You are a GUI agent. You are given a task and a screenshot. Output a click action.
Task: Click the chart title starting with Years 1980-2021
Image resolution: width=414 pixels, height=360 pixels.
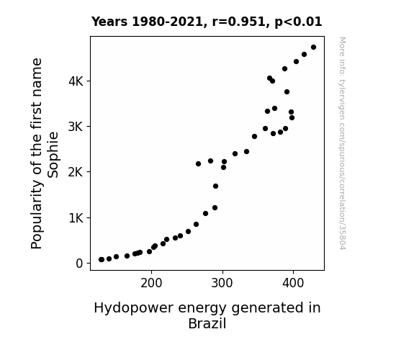click(207, 22)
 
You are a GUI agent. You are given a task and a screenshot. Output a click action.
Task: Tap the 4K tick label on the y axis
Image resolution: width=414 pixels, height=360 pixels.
click(76, 81)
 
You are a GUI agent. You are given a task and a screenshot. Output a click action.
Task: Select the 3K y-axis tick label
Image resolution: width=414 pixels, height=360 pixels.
click(76, 127)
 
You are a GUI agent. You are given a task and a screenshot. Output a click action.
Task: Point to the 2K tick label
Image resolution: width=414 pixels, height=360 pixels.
click(76, 172)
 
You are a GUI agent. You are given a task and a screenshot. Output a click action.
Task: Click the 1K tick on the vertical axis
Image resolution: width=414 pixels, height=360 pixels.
click(76, 218)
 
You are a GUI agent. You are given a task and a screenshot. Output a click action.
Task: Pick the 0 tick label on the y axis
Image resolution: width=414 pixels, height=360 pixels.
click(79, 264)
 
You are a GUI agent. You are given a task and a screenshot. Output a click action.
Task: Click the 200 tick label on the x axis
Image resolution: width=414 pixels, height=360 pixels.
click(151, 283)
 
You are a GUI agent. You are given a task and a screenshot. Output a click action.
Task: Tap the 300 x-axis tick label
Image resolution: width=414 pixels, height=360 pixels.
click(222, 283)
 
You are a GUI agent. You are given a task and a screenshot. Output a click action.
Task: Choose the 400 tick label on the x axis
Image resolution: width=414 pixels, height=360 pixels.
click(293, 283)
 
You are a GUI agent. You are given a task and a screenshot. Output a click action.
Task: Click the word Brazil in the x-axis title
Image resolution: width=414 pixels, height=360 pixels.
click(207, 323)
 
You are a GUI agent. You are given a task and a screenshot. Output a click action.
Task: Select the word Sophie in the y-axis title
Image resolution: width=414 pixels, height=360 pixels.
click(53, 155)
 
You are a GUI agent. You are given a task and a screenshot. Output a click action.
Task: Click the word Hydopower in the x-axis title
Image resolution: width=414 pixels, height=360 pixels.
click(135, 308)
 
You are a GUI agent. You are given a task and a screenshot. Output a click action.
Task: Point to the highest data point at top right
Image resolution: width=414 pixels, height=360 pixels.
click(313, 48)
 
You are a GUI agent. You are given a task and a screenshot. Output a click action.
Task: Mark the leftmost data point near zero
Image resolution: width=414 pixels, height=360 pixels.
click(101, 260)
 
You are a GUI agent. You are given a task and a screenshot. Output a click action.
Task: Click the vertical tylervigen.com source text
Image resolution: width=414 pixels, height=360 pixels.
click(343, 143)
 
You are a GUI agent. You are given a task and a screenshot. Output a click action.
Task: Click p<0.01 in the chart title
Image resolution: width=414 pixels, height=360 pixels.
click(298, 22)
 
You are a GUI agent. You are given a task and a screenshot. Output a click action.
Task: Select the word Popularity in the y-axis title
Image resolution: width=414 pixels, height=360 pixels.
click(37, 215)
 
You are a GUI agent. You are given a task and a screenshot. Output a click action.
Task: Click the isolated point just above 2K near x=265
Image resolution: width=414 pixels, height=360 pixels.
click(198, 163)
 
